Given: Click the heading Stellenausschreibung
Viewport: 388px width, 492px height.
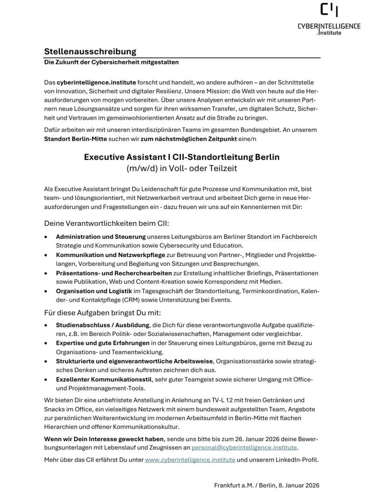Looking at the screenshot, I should (x=90, y=51).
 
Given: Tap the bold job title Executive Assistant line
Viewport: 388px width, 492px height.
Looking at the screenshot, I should (x=182, y=157).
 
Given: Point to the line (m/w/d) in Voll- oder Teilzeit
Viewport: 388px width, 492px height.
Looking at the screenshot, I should (x=182, y=169).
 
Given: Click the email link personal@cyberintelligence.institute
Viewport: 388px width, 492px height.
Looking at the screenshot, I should (x=244, y=447).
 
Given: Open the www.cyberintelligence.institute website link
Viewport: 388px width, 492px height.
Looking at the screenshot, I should (x=190, y=460).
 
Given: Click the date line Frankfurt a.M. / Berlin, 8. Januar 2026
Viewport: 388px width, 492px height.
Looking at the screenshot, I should (x=266, y=485).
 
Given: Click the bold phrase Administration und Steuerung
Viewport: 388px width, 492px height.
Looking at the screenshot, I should (x=100, y=237).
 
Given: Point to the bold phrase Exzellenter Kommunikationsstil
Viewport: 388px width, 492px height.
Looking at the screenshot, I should (x=104, y=380).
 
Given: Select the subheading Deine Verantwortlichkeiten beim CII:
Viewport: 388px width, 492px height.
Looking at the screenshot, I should (x=107, y=223).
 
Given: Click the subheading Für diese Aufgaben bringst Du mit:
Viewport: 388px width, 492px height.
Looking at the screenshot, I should (x=106, y=312).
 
